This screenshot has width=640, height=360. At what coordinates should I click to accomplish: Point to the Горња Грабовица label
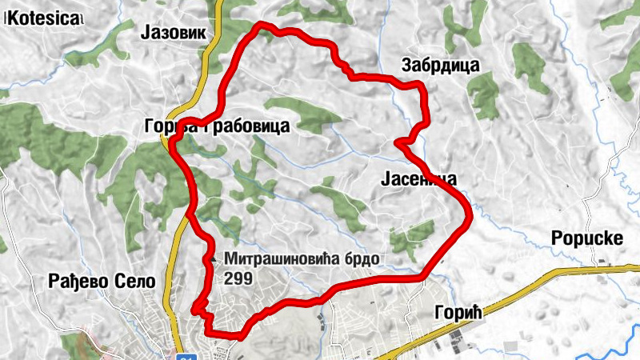pos(217,126)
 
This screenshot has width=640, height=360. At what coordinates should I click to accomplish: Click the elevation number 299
pos(239,278)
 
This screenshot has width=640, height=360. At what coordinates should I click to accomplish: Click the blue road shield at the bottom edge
pos(186,356)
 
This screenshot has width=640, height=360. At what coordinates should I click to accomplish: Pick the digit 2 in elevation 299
pos(230,278)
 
